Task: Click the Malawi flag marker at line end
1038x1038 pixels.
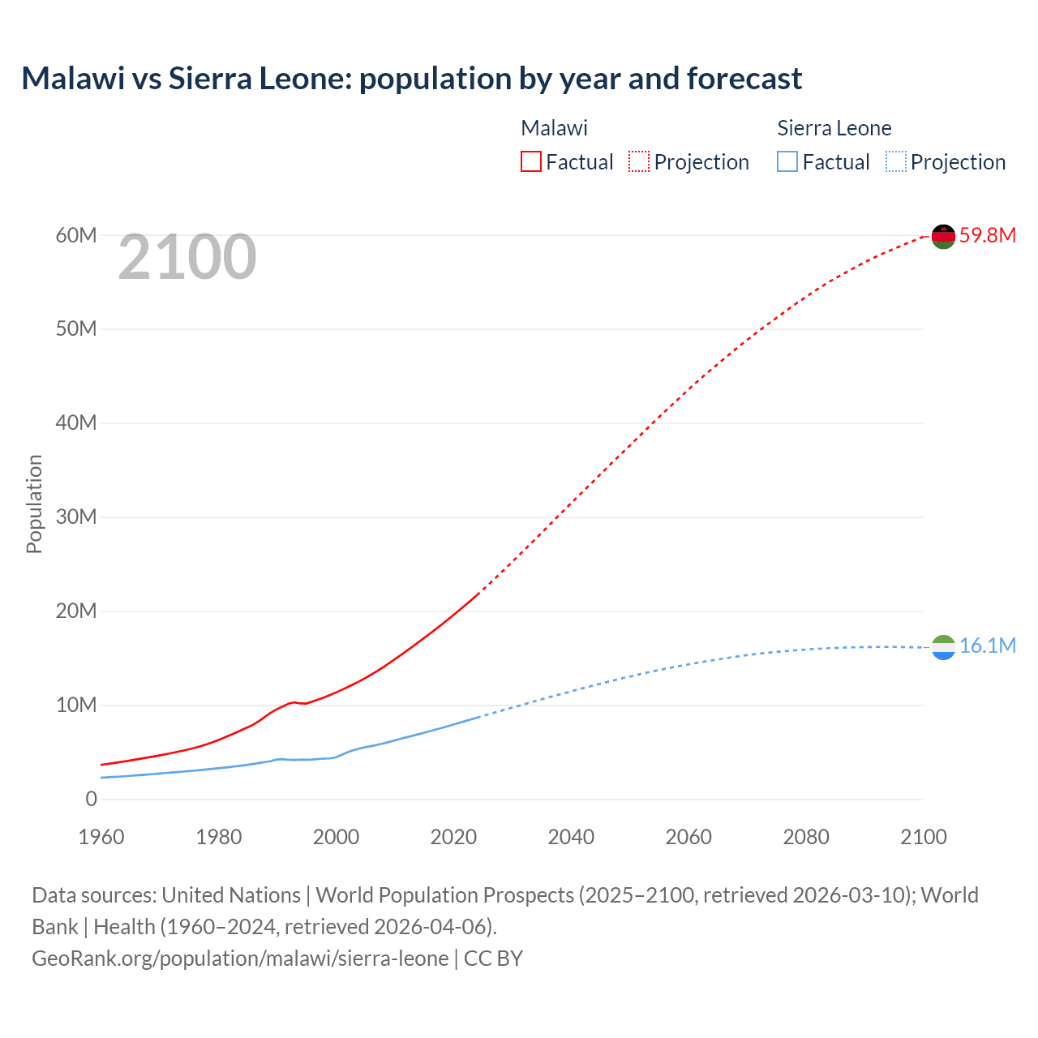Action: tap(943, 236)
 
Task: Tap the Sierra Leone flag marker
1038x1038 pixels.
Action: tap(943, 647)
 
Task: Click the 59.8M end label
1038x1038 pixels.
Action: tap(987, 236)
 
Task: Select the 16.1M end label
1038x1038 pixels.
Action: tap(987, 646)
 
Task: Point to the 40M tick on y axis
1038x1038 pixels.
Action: tap(76, 423)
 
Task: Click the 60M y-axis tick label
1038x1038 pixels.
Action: tap(76, 235)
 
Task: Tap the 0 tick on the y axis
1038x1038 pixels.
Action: tap(91, 799)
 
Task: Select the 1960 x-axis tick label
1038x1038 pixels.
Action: tap(101, 837)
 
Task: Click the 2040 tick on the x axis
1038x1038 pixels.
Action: tap(571, 837)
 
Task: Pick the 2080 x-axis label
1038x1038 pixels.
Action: tap(806, 837)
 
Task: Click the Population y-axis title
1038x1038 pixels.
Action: tap(34, 504)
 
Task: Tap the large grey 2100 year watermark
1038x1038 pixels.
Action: tap(187, 257)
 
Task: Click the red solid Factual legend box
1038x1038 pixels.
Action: tap(531, 161)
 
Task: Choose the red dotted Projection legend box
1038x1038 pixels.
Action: tap(639, 161)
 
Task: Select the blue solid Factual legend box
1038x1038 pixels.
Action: tap(787, 161)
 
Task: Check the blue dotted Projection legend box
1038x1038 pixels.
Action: tap(895, 161)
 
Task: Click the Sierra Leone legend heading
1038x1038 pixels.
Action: tap(834, 128)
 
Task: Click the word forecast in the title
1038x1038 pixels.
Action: tap(744, 79)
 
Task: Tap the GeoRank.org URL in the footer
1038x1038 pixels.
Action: tap(240, 959)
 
